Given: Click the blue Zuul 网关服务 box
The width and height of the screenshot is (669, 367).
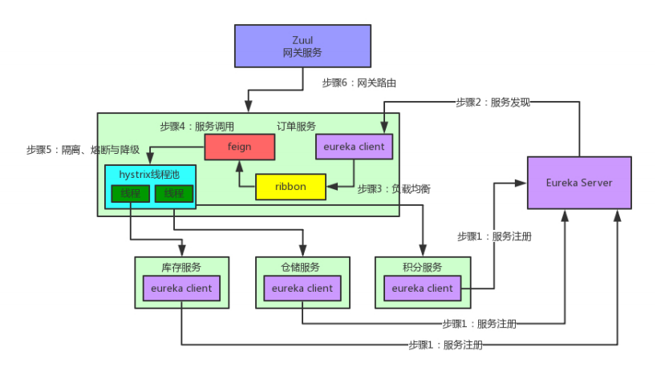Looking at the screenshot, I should [x=302, y=46].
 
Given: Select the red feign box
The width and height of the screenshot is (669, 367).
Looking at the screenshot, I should [x=239, y=147].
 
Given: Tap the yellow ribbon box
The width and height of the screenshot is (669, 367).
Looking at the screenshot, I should [x=290, y=187].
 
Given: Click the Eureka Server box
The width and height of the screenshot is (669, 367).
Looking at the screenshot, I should [x=578, y=183].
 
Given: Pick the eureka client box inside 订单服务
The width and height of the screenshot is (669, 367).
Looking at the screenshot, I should [x=354, y=147].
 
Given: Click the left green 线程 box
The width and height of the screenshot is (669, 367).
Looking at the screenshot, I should [x=130, y=194].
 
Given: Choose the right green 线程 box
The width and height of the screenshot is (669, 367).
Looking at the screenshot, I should [x=173, y=194].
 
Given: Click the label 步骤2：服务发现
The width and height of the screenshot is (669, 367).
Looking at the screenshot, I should [x=493, y=102].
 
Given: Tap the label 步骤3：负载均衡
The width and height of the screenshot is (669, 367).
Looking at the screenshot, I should [x=394, y=189].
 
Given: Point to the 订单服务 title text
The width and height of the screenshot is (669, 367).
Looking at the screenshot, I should [x=296, y=126].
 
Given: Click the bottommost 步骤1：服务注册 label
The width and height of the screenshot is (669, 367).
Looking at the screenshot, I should [x=444, y=345].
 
